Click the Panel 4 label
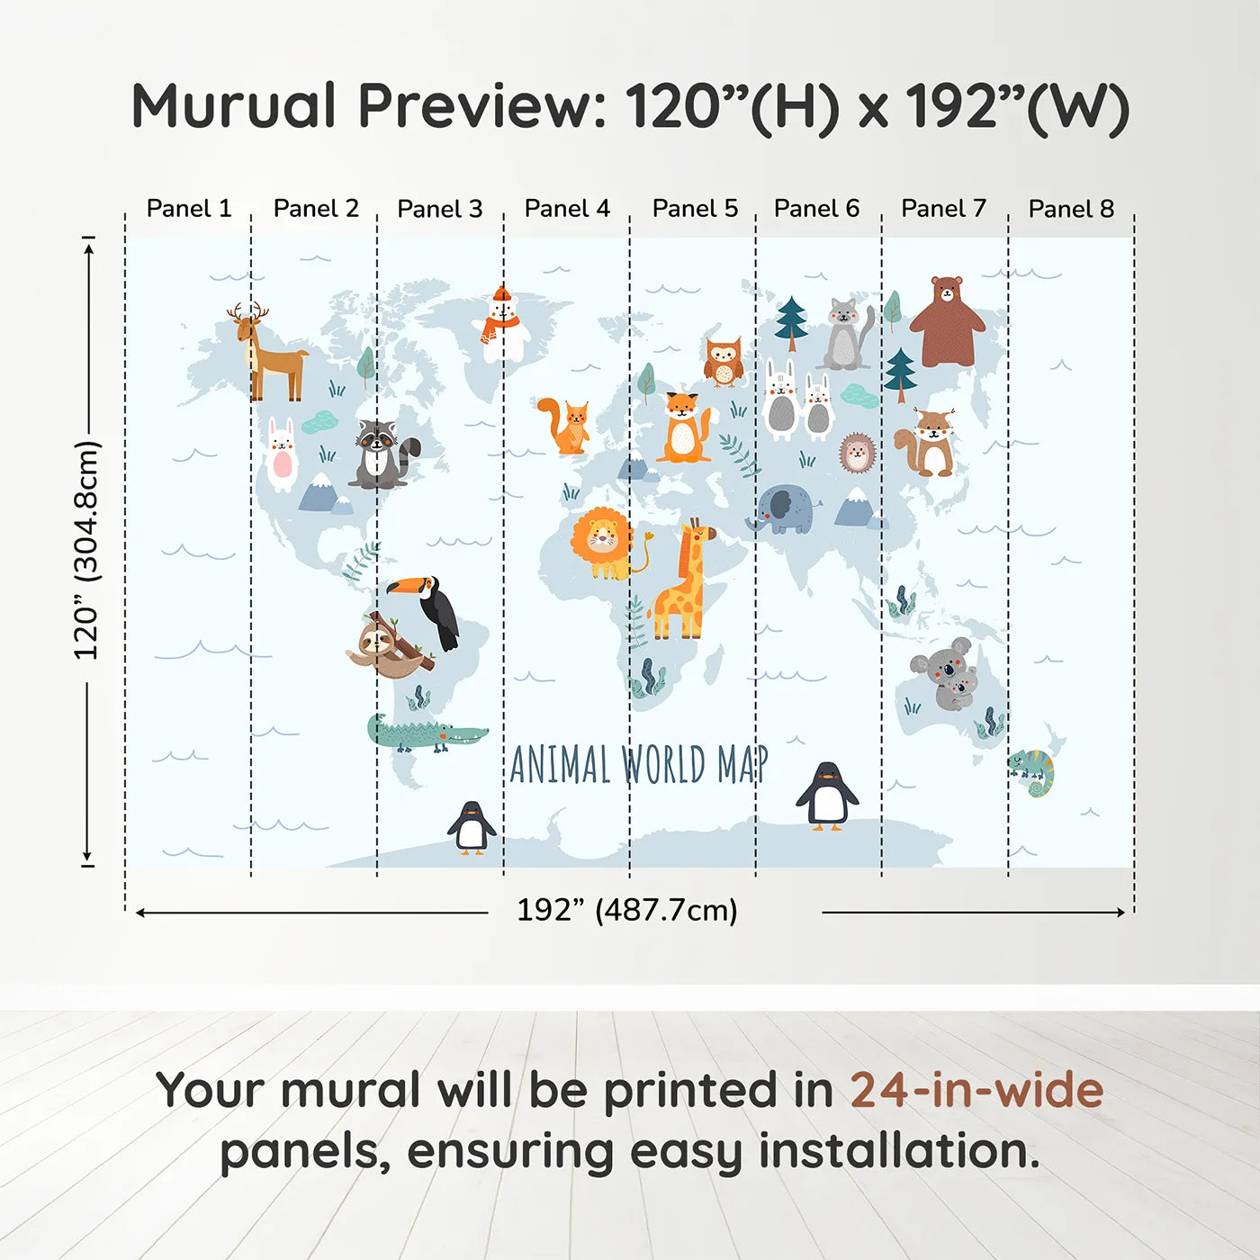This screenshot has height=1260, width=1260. click(x=567, y=209)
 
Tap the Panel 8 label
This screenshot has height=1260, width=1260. click(x=1071, y=209)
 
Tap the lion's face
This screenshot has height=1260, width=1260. click(x=600, y=538)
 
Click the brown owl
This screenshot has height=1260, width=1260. click(x=723, y=362)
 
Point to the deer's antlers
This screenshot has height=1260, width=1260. click(x=247, y=311)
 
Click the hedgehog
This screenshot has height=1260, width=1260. click(x=856, y=453)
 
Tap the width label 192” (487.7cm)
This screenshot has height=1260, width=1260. click(x=626, y=911)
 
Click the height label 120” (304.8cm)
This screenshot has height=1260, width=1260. click(x=86, y=550)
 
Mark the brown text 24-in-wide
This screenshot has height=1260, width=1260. click(x=976, y=1090)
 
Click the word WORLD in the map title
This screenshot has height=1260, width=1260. click(x=664, y=766)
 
